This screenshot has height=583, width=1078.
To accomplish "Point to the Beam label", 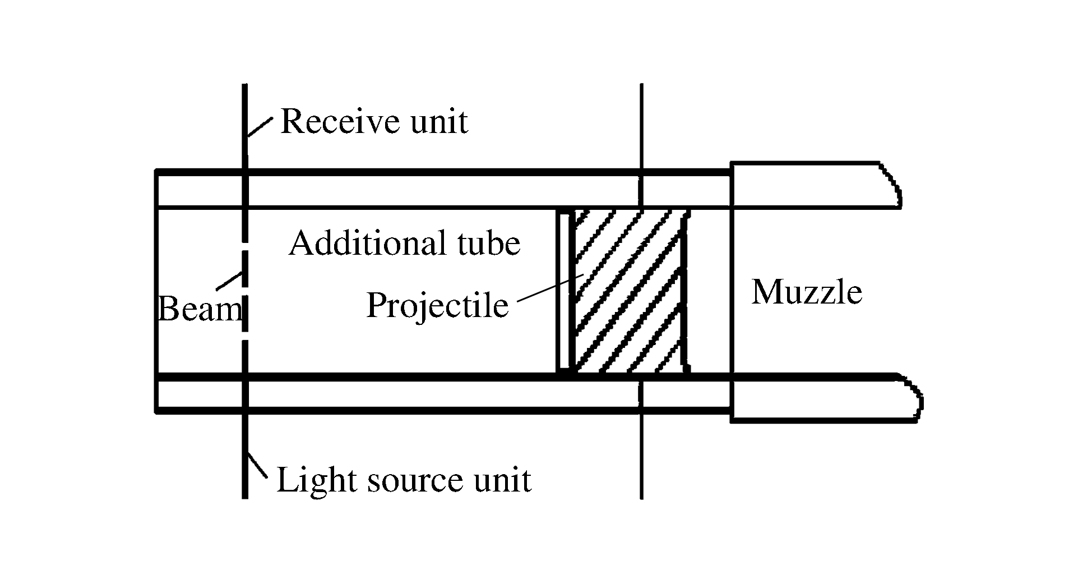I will pos(199,309).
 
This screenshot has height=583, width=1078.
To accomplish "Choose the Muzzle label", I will pos(806,292).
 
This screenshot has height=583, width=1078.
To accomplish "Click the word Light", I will pos(314,480).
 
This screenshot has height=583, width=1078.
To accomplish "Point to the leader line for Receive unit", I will pos(260,127).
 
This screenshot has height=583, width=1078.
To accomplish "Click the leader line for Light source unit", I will pos(259,464).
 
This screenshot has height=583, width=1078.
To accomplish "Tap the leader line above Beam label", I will pos(229,281).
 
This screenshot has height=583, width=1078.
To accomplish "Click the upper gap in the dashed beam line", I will pos(244,247).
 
